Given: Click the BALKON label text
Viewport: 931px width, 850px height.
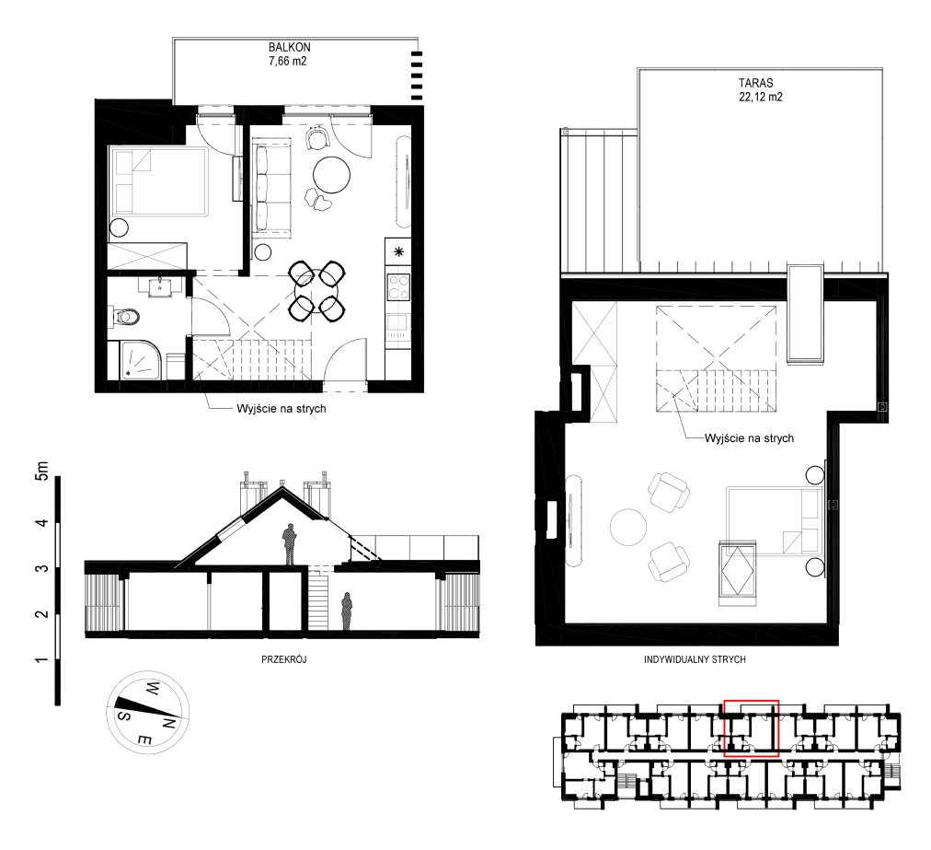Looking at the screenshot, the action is pos(289,47).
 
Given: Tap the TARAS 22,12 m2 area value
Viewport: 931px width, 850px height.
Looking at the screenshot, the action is pos(761,97).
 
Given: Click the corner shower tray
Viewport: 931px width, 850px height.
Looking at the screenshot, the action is pos(142,360).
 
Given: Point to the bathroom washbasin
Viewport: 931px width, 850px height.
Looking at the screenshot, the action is pos(160,285).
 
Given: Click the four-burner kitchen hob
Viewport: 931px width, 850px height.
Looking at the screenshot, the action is pos(397,286).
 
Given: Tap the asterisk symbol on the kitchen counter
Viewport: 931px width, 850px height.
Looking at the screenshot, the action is pos(398,251).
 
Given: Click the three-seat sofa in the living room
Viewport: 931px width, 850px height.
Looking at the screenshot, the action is pos(272,188).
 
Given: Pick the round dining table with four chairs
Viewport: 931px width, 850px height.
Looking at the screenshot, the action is pos(317,291).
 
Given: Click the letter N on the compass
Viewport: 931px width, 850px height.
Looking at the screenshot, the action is pos(168,724).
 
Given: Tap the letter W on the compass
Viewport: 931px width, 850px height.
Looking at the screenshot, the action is pos(152,690).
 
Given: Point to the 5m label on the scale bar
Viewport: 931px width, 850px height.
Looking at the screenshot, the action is pos(41,471).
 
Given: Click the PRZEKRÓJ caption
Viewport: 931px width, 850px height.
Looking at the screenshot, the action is pos(284,659).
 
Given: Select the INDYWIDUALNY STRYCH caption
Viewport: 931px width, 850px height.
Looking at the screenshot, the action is pos(695,659).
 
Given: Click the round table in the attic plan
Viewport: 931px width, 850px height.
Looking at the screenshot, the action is pos(628,527).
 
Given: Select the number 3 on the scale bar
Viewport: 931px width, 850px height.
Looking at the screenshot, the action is pos(41,569).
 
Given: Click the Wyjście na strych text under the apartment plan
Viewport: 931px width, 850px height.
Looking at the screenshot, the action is pos(282,409).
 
